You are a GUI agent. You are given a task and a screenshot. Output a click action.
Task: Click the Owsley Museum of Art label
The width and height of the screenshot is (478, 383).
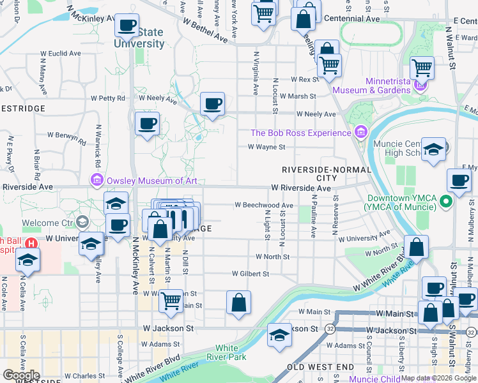click(x=151, y=181)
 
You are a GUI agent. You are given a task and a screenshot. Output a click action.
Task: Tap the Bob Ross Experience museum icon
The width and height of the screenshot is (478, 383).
click(x=361, y=132)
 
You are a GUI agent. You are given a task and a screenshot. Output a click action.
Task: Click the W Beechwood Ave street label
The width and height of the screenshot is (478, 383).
click(x=263, y=206)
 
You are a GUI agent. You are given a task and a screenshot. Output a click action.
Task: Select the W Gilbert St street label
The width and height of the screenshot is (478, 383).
click(x=251, y=273)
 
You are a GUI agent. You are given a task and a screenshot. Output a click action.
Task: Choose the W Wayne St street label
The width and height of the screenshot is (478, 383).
click(x=266, y=147)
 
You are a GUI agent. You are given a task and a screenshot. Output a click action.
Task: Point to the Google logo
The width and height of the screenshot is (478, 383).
click(x=21, y=375)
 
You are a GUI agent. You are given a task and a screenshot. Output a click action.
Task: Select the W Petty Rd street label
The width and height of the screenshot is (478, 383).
click(x=108, y=98)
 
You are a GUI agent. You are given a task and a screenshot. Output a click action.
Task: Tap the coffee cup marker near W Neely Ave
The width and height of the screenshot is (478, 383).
click(x=212, y=103)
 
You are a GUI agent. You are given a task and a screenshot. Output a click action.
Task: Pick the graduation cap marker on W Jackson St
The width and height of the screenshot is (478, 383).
click(x=279, y=334)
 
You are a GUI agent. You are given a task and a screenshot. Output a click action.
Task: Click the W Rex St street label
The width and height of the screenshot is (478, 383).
click(x=304, y=79)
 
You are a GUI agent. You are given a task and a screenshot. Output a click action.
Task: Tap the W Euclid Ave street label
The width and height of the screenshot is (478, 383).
click(x=58, y=54)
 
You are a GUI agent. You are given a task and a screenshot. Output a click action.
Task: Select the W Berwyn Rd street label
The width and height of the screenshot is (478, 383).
click(x=68, y=136)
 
